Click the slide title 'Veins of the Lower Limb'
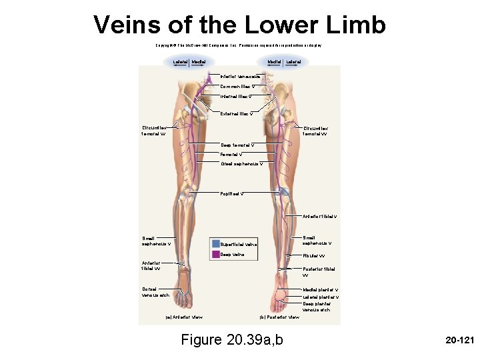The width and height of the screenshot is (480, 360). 239,25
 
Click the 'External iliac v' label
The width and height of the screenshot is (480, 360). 238,114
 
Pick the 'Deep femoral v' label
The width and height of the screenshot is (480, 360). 238,145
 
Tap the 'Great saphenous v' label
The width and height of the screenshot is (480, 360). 242,163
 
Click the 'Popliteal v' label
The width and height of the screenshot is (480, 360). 233,194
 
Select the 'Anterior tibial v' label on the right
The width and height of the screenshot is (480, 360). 320,216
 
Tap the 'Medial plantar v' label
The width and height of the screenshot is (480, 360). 321,290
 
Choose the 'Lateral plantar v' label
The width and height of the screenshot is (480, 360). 321,297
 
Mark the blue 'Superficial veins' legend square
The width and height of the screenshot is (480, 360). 216,244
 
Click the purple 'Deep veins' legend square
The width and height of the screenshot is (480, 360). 216,254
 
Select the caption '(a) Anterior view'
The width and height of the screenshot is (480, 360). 184,317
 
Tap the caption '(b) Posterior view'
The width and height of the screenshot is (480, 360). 279,317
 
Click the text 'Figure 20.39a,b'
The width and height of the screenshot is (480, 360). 232,340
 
